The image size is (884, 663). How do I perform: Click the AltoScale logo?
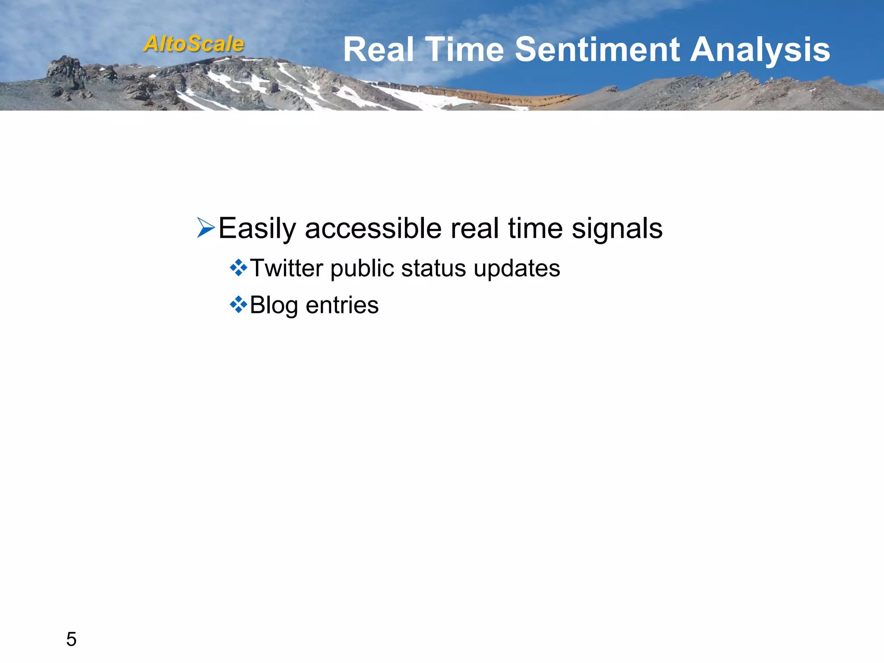coord(194,44)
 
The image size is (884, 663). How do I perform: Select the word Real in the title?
coord(378,50)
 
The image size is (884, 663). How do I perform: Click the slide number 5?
coord(71,639)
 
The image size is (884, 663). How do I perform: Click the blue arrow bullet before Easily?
coord(206,228)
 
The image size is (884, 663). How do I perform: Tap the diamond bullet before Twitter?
coord(238,268)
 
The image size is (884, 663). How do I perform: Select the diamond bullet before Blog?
coord(238,305)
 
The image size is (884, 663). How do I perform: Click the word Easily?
coord(257,229)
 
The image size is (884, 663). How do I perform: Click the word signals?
coord(617,229)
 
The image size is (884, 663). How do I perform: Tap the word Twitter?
coord(286,268)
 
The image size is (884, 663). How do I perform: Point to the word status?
coord(433,268)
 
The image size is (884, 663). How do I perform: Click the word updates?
coord(517,269)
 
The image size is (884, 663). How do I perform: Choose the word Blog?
coord(274,306)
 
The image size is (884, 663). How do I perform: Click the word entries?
coord(342,305)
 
